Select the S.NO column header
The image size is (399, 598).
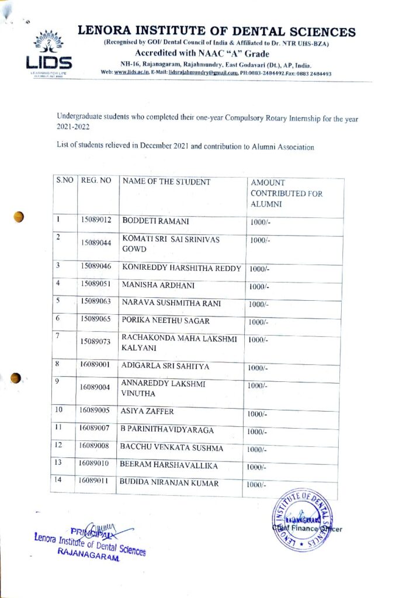point(64,181)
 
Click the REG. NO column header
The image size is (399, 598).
point(96,181)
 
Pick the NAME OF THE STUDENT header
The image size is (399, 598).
point(166,182)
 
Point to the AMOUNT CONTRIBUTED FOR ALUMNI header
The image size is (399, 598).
point(286,193)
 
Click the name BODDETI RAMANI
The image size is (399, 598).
point(155,221)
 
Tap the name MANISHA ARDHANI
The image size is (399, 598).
point(158,285)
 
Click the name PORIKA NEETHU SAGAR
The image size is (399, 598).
point(165,321)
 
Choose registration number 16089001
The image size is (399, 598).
point(95,366)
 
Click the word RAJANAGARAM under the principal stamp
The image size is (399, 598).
point(88,557)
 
